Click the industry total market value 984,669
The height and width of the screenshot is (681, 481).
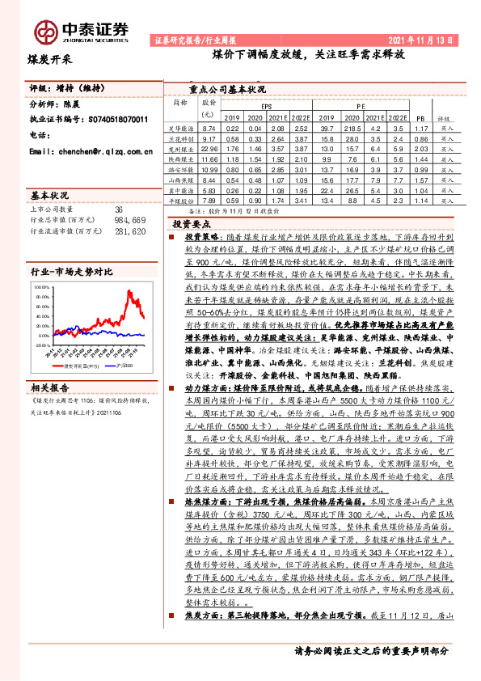129,220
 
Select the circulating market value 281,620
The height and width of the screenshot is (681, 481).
129,231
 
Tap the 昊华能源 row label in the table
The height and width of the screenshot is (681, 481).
181,129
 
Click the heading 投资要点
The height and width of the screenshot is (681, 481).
192,222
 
